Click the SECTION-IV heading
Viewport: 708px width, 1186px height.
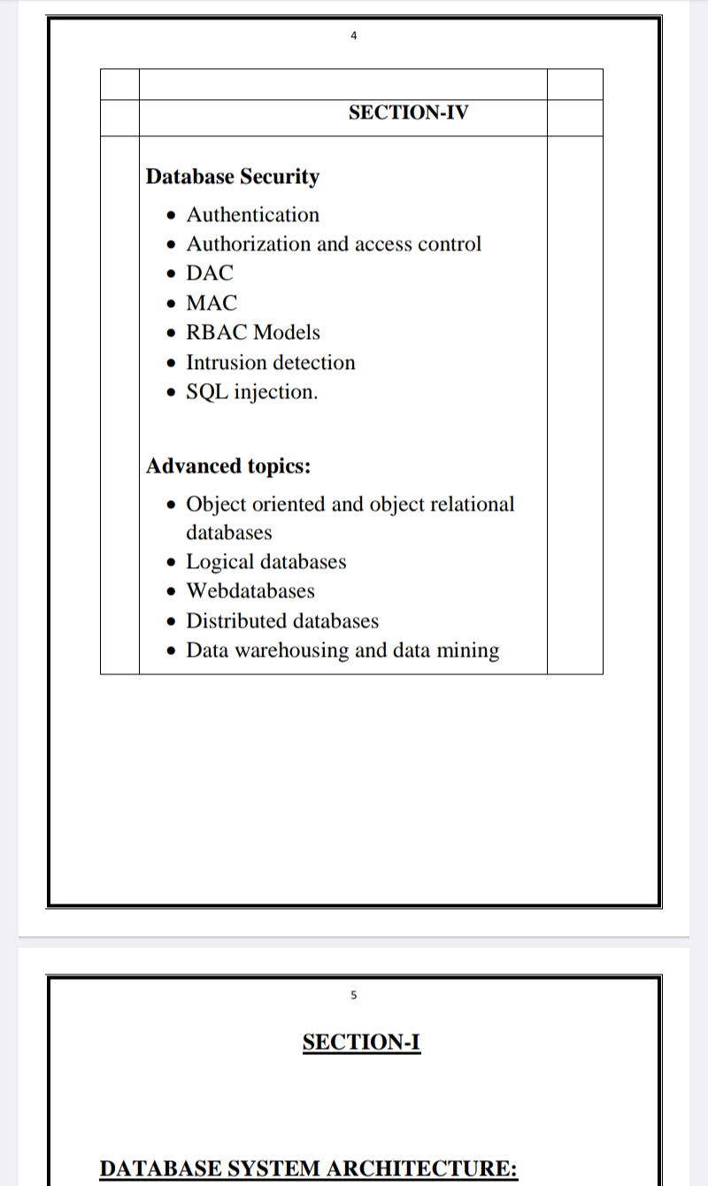[x=408, y=112]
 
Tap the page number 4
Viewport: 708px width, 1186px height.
[x=354, y=36]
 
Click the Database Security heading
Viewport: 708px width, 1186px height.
[x=233, y=177]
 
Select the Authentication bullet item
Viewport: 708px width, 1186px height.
[x=252, y=215]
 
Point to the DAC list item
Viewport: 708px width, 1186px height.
[x=210, y=273]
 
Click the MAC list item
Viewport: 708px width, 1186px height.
[x=212, y=304]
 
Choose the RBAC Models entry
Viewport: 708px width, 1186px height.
[x=253, y=333]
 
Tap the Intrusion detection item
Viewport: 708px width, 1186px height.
[x=270, y=363]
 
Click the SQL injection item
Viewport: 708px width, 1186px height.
[x=251, y=392]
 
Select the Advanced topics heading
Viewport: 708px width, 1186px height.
[x=228, y=466]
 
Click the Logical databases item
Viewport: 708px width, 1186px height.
[x=265, y=562]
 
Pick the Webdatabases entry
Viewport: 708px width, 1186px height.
[x=250, y=591]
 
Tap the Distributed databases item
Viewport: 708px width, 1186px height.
[x=282, y=621]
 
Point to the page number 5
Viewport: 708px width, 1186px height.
[x=354, y=996]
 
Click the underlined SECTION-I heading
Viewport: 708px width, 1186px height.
[x=361, y=1043]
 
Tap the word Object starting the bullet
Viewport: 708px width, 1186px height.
[x=218, y=504]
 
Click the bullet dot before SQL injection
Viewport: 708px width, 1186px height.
[x=173, y=393]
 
